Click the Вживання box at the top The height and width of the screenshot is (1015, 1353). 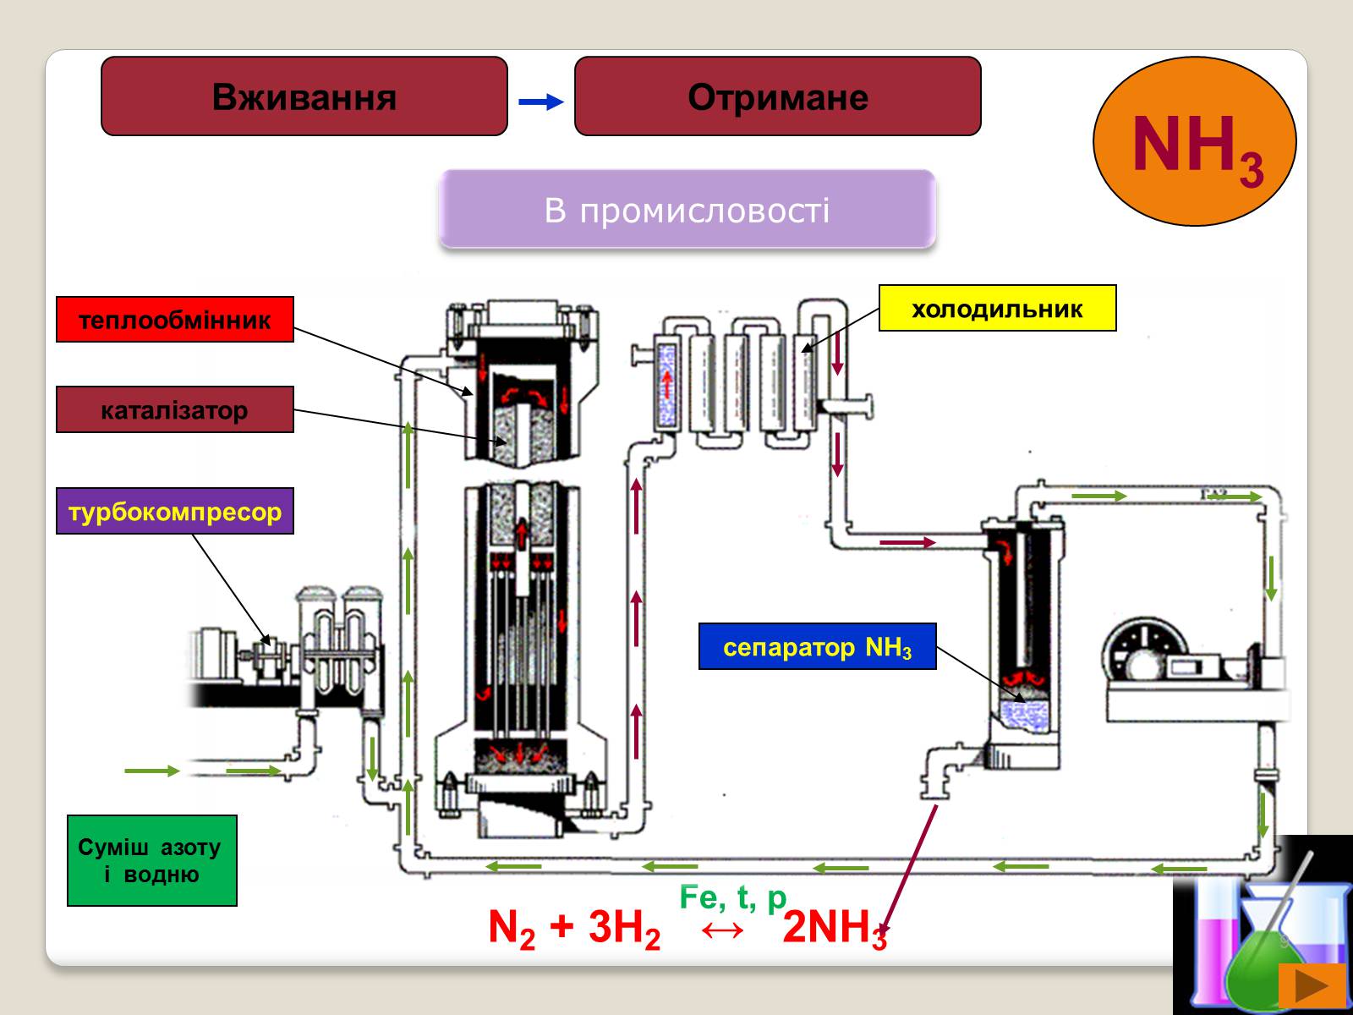[304, 96]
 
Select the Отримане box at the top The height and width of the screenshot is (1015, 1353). [778, 96]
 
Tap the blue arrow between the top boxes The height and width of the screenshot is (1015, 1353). [541, 102]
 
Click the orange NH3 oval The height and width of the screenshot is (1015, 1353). [1194, 142]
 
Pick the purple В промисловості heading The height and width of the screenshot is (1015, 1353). [687, 209]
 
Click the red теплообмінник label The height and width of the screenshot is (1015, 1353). [175, 320]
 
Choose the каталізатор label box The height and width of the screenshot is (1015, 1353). [175, 410]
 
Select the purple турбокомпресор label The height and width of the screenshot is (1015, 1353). [175, 511]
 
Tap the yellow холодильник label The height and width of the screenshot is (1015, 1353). [998, 308]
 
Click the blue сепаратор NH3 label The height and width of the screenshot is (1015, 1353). [818, 647]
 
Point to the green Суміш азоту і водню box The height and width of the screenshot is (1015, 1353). [152, 861]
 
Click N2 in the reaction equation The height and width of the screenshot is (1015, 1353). [512, 929]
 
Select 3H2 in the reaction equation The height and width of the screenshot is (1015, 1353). [624, 929]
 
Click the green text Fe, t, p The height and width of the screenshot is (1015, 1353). [733, 897]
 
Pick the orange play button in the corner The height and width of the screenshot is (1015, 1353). [1312, 985]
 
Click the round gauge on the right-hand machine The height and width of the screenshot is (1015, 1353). [1142, 651]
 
